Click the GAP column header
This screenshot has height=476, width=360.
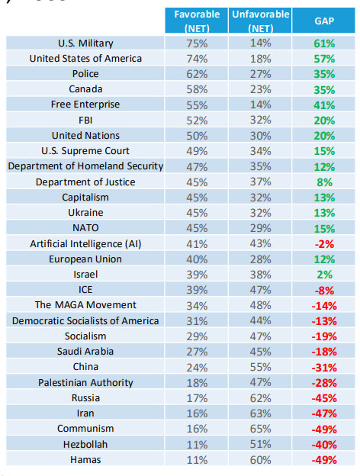(x=324, y=21)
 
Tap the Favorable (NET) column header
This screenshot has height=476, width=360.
(x=197, y=21)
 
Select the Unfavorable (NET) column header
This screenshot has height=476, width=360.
(x=260, y=21)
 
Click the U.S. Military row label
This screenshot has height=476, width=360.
(x=85, y=43)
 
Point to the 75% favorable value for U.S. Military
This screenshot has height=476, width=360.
(x=197, y=43)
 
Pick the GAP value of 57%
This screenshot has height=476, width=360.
(x=324, y=59)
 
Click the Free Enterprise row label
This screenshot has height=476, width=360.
(x=85, y=105)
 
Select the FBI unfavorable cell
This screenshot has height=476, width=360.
(x=260, y=121)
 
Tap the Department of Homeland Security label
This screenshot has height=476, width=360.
(x=85, y=166)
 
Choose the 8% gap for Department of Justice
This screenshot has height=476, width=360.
(x=324, y=182)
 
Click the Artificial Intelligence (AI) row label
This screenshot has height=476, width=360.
(x=85, y=244)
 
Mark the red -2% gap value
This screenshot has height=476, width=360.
(x=324, y=244)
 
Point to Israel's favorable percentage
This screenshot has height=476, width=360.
(x=197, y=275)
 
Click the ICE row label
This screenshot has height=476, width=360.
(x=85, y=290)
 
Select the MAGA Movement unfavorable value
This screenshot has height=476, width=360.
(x=260, y=305)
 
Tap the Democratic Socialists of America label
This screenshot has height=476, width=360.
(x=85, y=321)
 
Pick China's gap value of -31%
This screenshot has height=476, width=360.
(x=324, y=368)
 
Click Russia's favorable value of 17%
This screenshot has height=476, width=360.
(x=197, y=398)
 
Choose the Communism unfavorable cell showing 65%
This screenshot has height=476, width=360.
(x=260, y=429)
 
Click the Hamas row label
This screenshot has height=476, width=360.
(x=85, y=460)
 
